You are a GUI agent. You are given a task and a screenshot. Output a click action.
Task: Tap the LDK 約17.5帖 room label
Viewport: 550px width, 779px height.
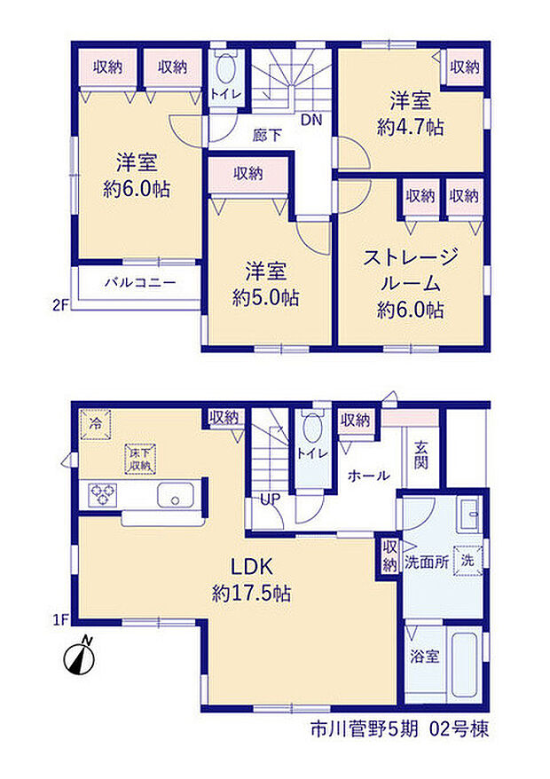[251, 579]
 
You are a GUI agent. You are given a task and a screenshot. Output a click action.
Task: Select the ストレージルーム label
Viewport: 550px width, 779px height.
[411, 271]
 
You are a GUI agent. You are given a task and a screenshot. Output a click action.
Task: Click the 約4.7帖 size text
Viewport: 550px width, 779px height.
[411, 127]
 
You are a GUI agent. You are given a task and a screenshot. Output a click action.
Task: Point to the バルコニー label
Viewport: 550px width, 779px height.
[140, 283]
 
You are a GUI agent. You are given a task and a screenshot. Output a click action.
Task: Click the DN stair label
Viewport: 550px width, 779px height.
[311, 120]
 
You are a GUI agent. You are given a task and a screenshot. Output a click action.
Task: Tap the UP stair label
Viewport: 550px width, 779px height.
[271, 499]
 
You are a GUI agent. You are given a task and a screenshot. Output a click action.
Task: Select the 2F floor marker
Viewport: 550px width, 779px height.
[60, 305]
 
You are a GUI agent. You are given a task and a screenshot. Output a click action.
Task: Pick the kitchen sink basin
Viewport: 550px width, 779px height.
[176, 495]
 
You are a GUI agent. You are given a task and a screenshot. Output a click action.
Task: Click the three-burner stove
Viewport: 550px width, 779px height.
[103, 495]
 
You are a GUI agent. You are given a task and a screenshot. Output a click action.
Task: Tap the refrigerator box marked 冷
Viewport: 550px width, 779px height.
[96, 424]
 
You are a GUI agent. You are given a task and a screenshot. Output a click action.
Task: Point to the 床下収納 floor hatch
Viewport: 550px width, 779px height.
[140, 459]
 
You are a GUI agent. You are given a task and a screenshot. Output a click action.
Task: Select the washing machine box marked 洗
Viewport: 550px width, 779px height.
[467, 561]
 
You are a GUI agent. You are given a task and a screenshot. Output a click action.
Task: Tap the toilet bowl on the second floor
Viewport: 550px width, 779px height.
[226, 69]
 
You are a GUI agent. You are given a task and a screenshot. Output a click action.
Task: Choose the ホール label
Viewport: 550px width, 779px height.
[369, 476]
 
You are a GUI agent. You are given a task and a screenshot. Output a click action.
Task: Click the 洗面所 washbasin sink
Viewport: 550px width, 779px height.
[469, 515]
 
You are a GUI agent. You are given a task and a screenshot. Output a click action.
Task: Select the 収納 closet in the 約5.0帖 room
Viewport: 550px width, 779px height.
[247, 174]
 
